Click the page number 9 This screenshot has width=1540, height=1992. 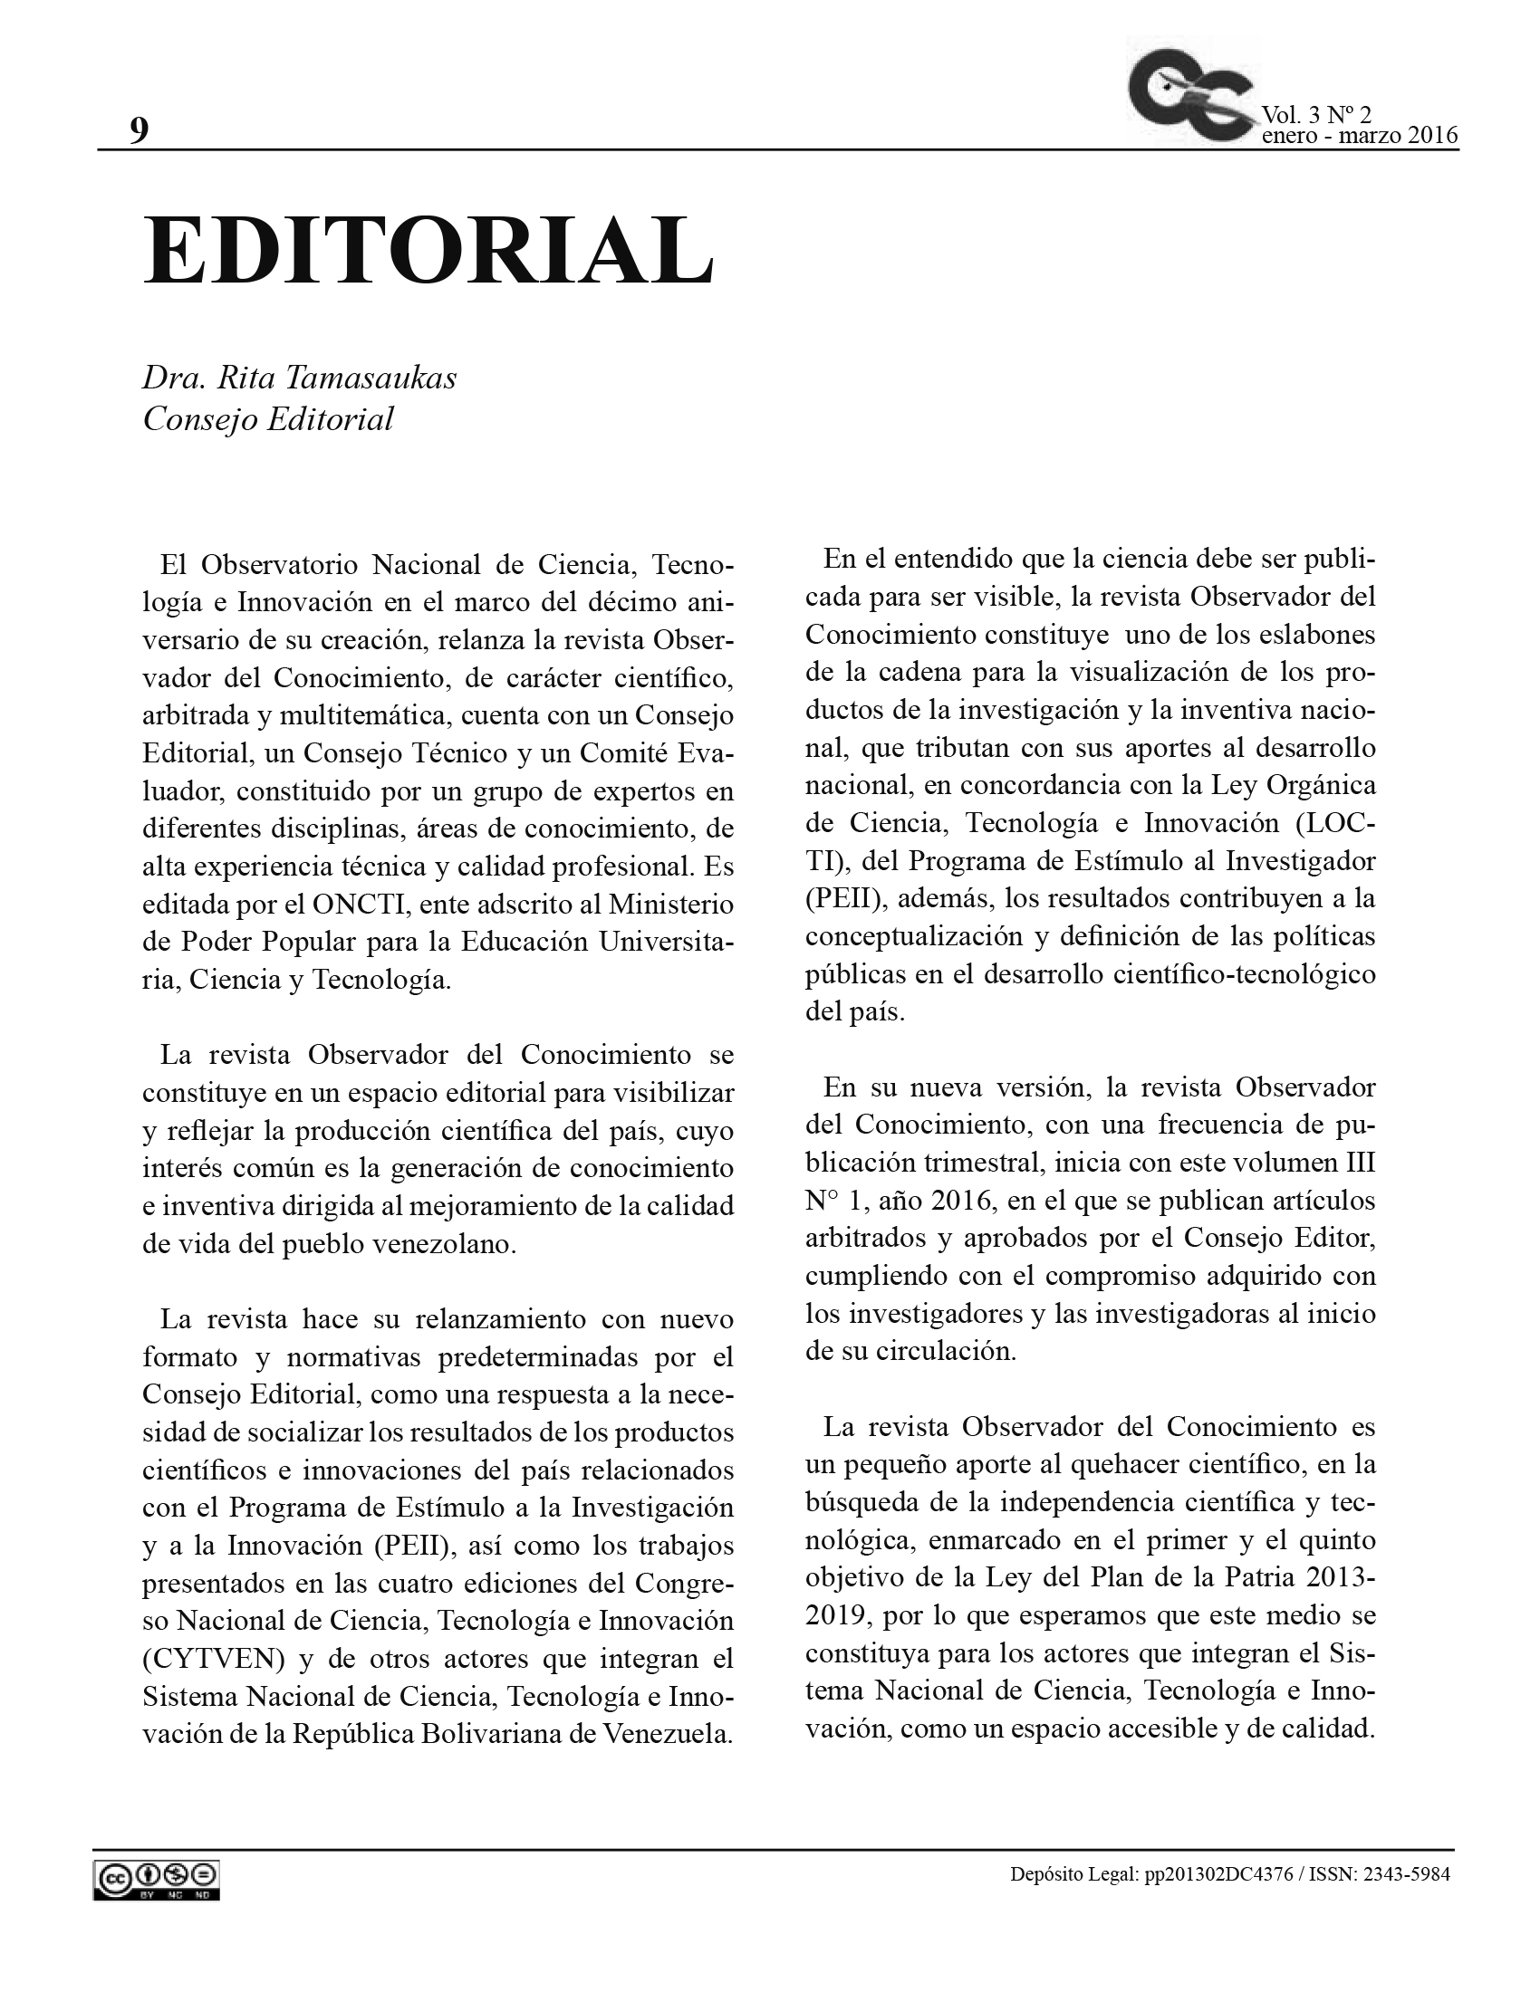pyautogui.click(x=139, y=130)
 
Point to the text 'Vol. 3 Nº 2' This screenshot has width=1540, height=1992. pyautogui.click(x=1315, y=115)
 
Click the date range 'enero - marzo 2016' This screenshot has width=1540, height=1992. pyautogui.click(x=1360, y=136)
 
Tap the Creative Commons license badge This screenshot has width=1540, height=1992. pyautogui.click(x=156, y=1881)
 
